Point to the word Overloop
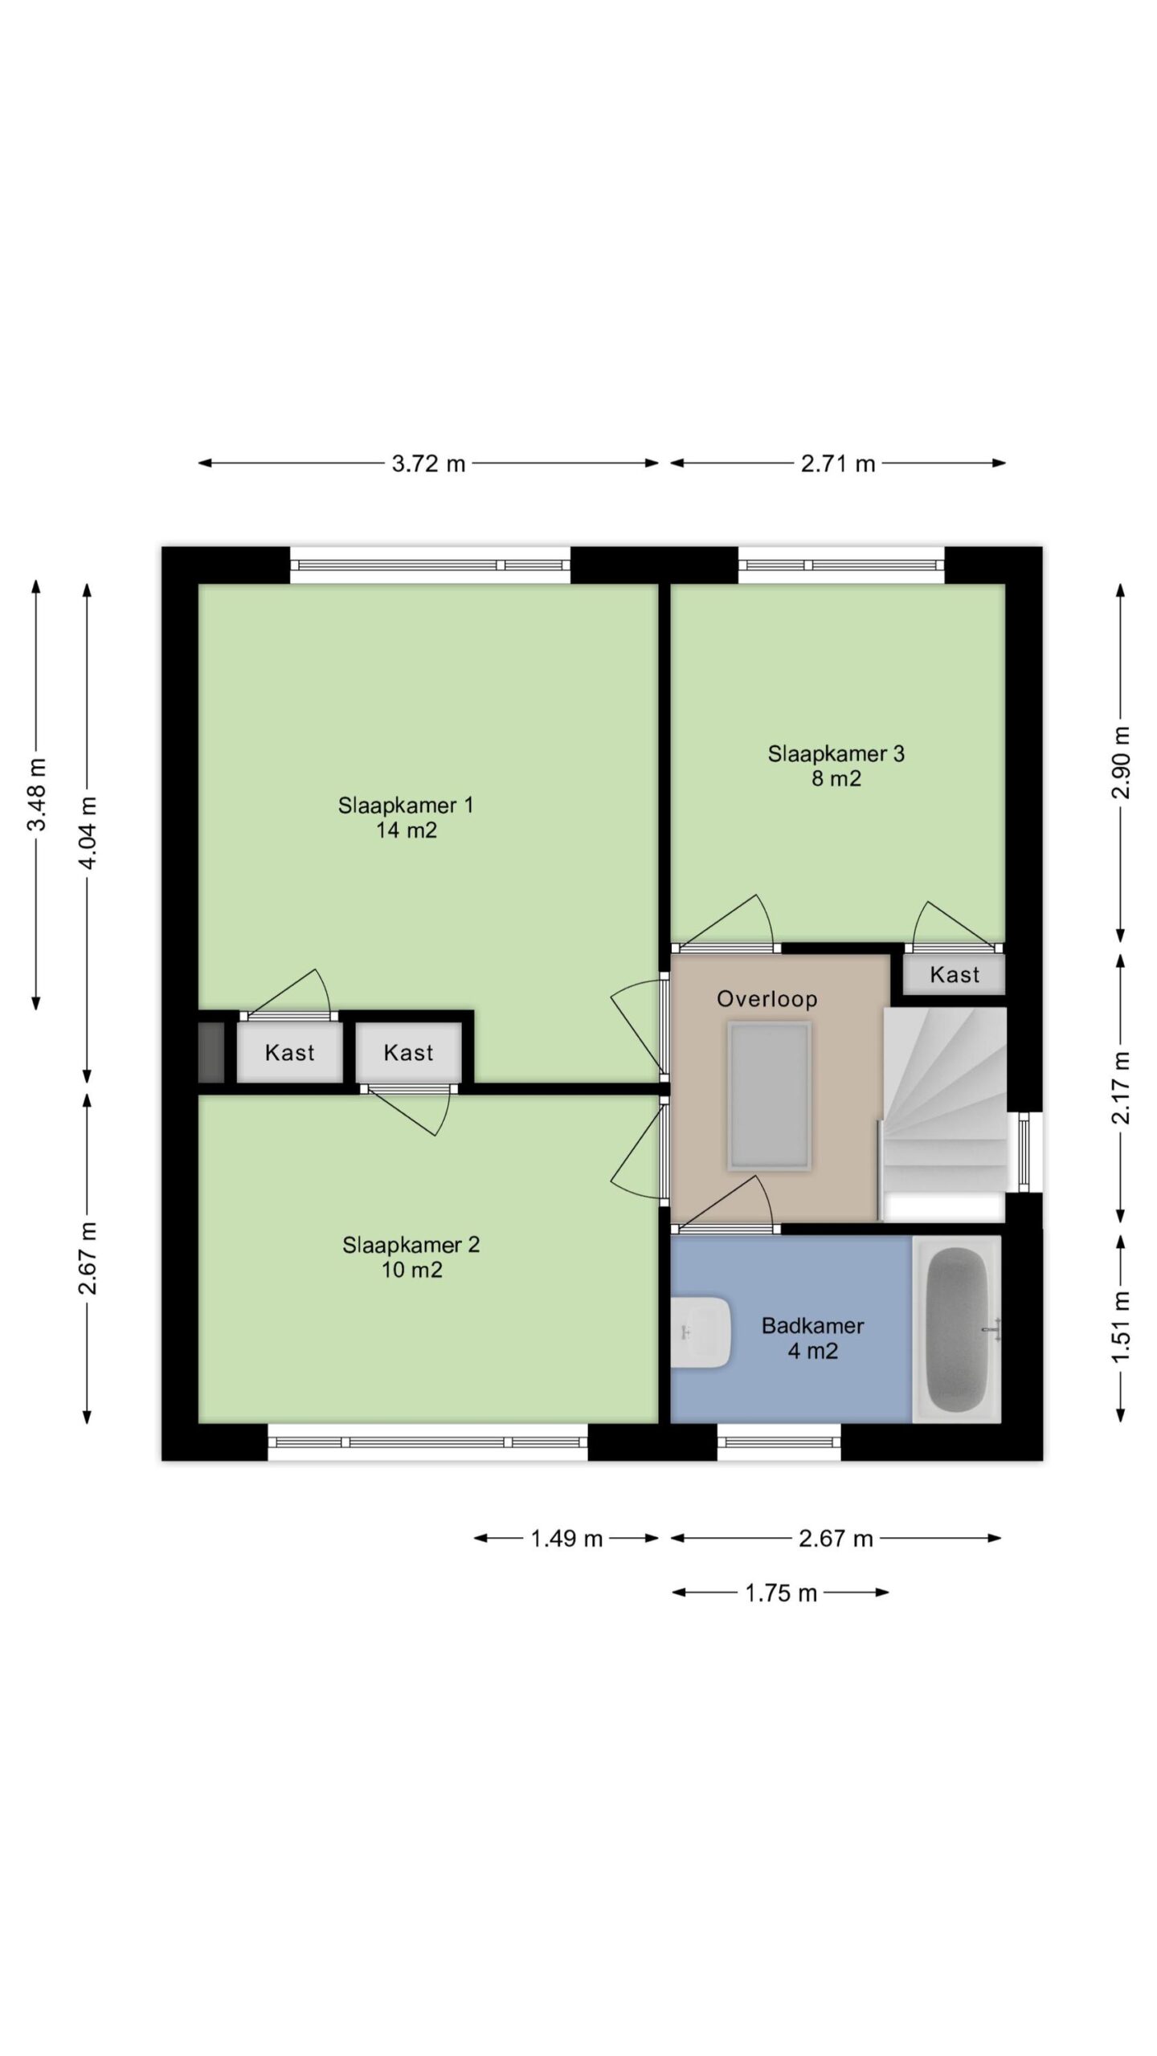767,999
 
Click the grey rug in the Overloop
769,1096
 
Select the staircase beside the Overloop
944,1114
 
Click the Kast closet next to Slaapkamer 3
954,974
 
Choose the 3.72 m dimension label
428,463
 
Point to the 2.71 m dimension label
837,463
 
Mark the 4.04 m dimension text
88,833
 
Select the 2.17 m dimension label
1121,1087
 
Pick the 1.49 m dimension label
566,1539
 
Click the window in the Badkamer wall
779,1442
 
